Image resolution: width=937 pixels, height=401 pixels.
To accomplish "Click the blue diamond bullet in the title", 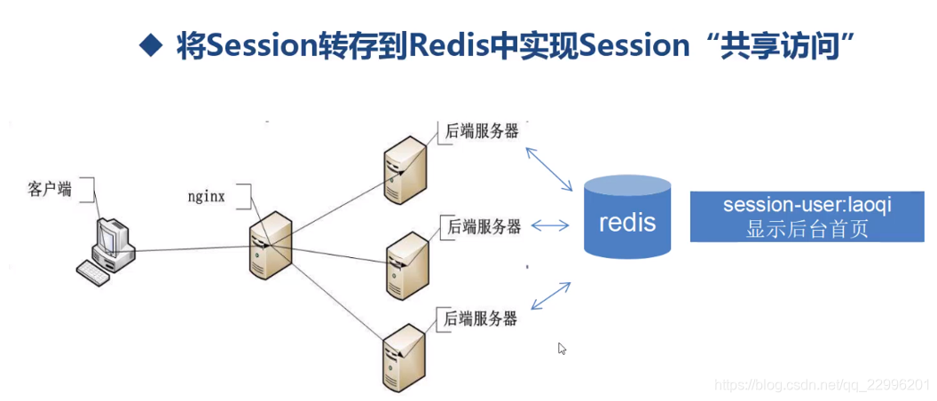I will (153, 45).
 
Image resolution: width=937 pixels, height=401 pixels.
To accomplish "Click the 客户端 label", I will (50, 189).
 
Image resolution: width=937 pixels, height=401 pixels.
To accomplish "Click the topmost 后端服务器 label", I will (480, 132).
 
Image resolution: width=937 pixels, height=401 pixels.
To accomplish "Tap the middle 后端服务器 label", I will (484, 225).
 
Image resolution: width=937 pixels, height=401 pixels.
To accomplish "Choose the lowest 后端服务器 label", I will (480, 318).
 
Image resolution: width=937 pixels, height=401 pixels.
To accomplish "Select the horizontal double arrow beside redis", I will (550, 226).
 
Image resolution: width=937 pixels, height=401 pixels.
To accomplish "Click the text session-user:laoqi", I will (807, 205).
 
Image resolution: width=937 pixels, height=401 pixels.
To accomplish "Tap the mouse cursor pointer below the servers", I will (562, 349).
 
